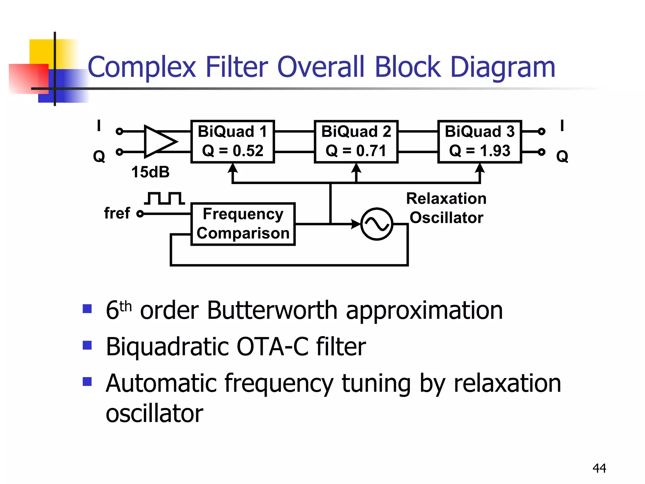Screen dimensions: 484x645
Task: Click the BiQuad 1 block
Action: pos(232,141)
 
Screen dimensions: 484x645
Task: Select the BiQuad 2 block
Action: pos(356,141)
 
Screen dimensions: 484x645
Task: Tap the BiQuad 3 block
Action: pos(479,141)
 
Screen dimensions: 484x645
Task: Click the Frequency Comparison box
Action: pos(243,224)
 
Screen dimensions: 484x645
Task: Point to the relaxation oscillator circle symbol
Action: pos(377,224)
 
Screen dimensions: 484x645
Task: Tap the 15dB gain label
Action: pos(150,172)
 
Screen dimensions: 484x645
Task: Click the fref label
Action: pos(117,213)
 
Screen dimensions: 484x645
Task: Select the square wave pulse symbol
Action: pos(164,198)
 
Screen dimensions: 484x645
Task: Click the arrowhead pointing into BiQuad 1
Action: pos(232,168)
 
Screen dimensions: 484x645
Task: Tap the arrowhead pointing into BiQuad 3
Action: pos(479,168)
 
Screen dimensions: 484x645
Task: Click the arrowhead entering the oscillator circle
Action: pos(356,224)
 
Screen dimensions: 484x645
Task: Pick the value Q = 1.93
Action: pos(479,151)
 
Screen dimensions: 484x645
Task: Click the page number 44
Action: pos(599,468)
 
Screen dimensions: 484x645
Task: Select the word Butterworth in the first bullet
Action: pos(272,310)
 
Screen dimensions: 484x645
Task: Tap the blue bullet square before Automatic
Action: pos(87,382)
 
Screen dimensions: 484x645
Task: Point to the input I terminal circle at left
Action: pos(119,131)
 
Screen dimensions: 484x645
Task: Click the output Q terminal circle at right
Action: pos(541,152)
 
